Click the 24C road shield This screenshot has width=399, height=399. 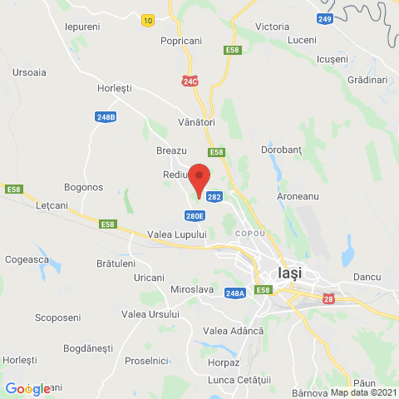pos(192,80)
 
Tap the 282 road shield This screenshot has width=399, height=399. pos(214,197)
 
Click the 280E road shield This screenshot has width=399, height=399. pos(195,216)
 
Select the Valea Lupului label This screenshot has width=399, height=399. pos(178,234)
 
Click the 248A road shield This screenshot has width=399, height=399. pos(234,293)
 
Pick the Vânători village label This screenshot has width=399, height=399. pos(197,122)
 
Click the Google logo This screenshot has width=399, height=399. pos(28,389)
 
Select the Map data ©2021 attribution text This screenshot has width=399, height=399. pos(363,392)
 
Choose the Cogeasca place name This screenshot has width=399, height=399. pos(31,259)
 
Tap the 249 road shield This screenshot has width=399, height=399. pos(326,17)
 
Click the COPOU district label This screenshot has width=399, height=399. pos(250,234)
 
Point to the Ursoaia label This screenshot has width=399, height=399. pos(29,72)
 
